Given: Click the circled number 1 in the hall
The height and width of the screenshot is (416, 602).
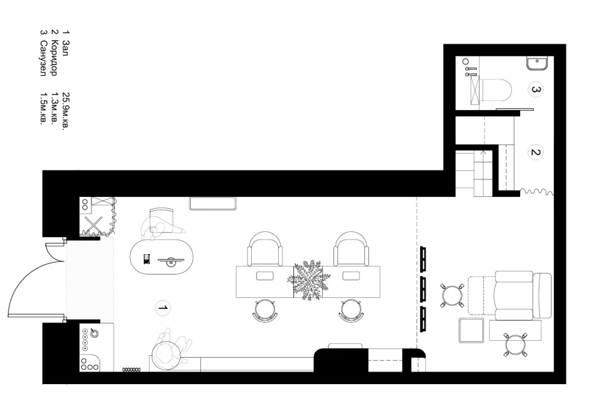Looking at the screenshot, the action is pyautogui.click(x=163, y=308).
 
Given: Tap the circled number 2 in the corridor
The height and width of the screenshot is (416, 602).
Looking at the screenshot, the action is pyautogui.click(x=536, y=152).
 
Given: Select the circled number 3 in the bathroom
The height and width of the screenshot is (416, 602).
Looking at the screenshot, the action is pyautogui.click(x=536, y=90).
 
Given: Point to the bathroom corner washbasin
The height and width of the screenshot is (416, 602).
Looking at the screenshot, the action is pyautogui.click(x=538, y=63).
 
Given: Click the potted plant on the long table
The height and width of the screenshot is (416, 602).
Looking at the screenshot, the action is pyautogui.click(x=309, y=280).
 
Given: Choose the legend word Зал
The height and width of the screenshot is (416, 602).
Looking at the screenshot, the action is pyautogui.click(x=66, y=48).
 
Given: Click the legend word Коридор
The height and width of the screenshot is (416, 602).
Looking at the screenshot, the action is pyautogui.click(x=55, y=58).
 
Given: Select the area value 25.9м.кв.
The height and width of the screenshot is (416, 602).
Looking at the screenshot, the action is pyautogui.click(x=66, y=111).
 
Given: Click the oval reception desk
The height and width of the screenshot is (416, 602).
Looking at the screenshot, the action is pyautogui.click(x=161, y=257).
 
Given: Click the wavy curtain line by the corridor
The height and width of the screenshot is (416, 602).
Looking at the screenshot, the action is pyautogui.click(x=537, y=191).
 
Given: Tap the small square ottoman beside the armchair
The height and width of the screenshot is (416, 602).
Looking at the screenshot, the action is pyautogui.click(x=471, y=331).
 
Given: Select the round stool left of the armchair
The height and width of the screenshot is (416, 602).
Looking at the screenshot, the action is pyautogui.click(x=453, y=296).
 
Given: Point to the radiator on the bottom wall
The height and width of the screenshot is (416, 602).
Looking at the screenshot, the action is pyautogui.click(x=131, y=370).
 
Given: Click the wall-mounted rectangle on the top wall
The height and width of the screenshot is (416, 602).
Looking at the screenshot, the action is pyautogui.click(x=213, y=203).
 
